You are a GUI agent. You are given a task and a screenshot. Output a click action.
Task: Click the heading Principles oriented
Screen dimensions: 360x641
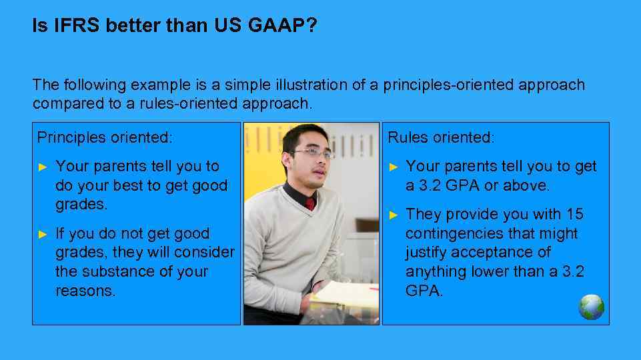tap(105, 138)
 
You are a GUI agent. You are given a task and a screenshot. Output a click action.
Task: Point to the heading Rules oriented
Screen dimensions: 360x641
tap(441, 138)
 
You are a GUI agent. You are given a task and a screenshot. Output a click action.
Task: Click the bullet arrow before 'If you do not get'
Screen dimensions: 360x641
tap(43, 234)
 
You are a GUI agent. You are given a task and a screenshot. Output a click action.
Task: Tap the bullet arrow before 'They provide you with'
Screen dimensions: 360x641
tap(394, 215)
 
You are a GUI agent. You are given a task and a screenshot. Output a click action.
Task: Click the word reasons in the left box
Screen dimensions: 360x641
tap(85, 291)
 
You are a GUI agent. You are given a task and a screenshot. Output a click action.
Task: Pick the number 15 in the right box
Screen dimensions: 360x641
tap(574, 215)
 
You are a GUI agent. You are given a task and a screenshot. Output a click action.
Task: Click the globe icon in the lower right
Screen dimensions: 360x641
tap(591, 307)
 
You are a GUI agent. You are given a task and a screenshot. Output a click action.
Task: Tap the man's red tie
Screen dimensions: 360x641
tap(309, 203)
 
